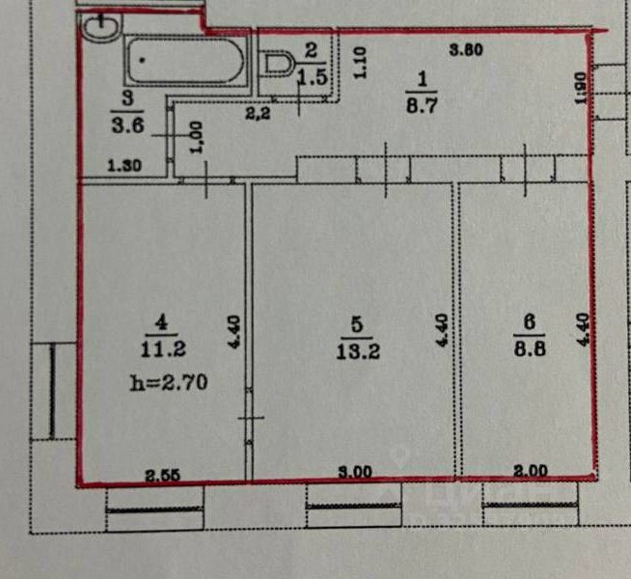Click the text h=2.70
168,382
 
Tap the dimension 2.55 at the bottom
163,473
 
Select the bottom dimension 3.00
354,472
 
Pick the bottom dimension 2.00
530,472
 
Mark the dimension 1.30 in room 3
124,165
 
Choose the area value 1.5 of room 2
312,77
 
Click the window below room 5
353,501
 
